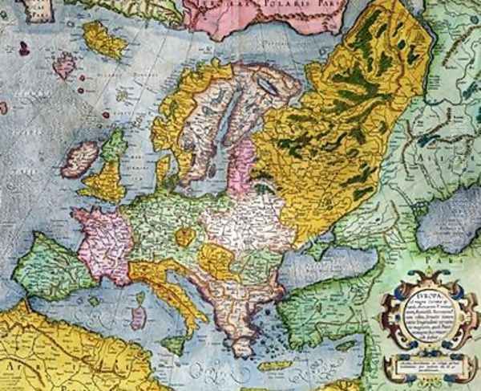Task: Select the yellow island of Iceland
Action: coord(103,40)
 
